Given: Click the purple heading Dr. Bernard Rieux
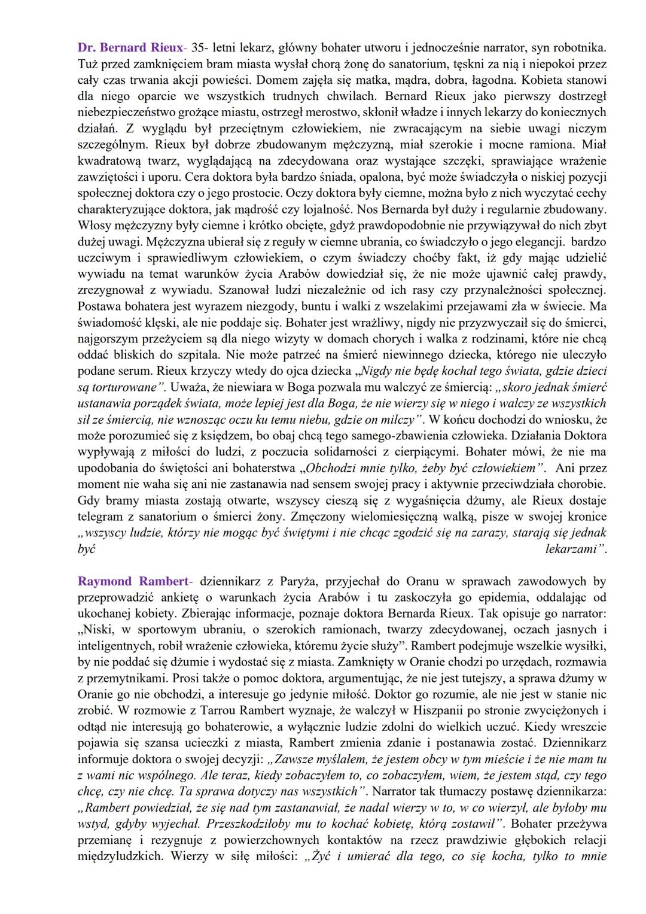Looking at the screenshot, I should (x=130, y=47).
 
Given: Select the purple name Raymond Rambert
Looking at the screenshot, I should (x=132, y=581).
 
